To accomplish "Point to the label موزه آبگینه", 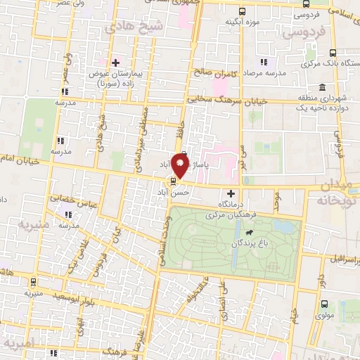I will pyautogui.click(x=240, y=22).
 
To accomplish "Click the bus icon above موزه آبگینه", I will pyautogui.click(x=243, y=11).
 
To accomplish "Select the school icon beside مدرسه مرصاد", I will pyautogui.click(x=264, y=62).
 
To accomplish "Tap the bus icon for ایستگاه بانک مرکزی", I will pyautogui.click(x=332, y=52).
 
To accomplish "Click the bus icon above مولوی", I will pyautogui.click(x=324, y=304).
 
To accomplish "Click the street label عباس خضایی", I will pyautogui.click(x=77, y=199).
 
